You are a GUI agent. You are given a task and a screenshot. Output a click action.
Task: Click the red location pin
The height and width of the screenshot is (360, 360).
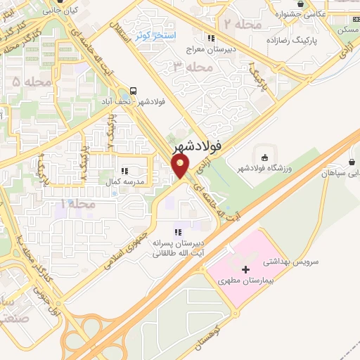[x=181, y=166]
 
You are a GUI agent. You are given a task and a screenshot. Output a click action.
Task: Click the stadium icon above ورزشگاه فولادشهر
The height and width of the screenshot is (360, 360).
[x=264, y=157]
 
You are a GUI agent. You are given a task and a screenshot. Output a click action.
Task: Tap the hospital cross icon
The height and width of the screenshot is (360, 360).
[x=245, y=269]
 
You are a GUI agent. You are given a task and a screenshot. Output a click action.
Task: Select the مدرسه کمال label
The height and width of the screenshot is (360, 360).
[x=129, y=181]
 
